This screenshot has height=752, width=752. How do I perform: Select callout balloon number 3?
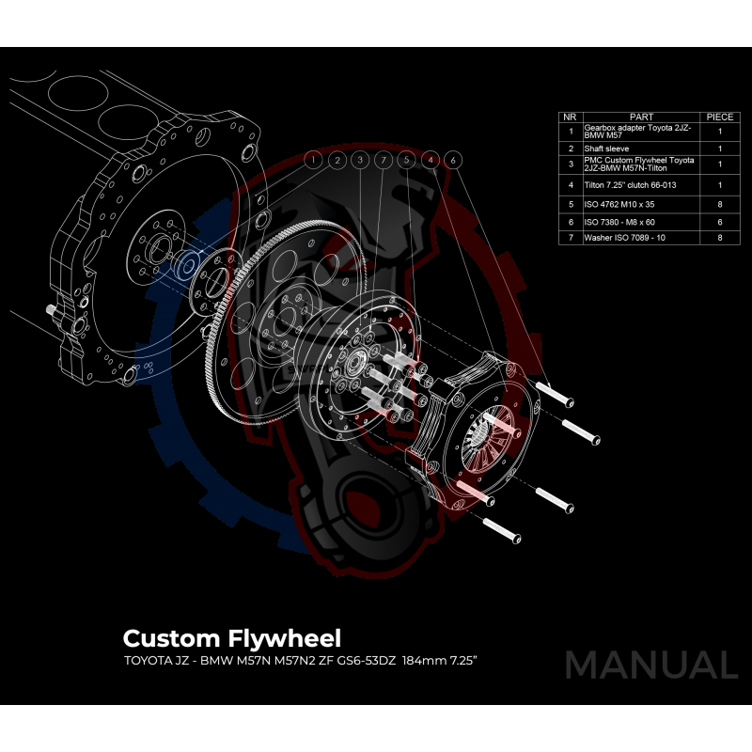click(360, 161)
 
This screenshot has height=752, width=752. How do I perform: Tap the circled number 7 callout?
click(383, 161)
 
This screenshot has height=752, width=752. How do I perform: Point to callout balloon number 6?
click(453, 161)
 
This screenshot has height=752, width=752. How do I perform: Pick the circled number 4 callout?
click(430, 161)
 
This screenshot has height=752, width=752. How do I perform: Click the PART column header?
click(641, 117)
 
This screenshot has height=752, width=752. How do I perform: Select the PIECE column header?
click(719, 117)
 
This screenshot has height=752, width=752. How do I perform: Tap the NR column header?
click(570, 117)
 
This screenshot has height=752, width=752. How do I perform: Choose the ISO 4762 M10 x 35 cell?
click(620, 203)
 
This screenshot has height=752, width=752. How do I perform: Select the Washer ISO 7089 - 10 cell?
click(625, 239)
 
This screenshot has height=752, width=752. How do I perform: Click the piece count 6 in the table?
click(719, 221)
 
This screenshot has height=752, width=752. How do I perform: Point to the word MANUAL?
click(650, 665)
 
